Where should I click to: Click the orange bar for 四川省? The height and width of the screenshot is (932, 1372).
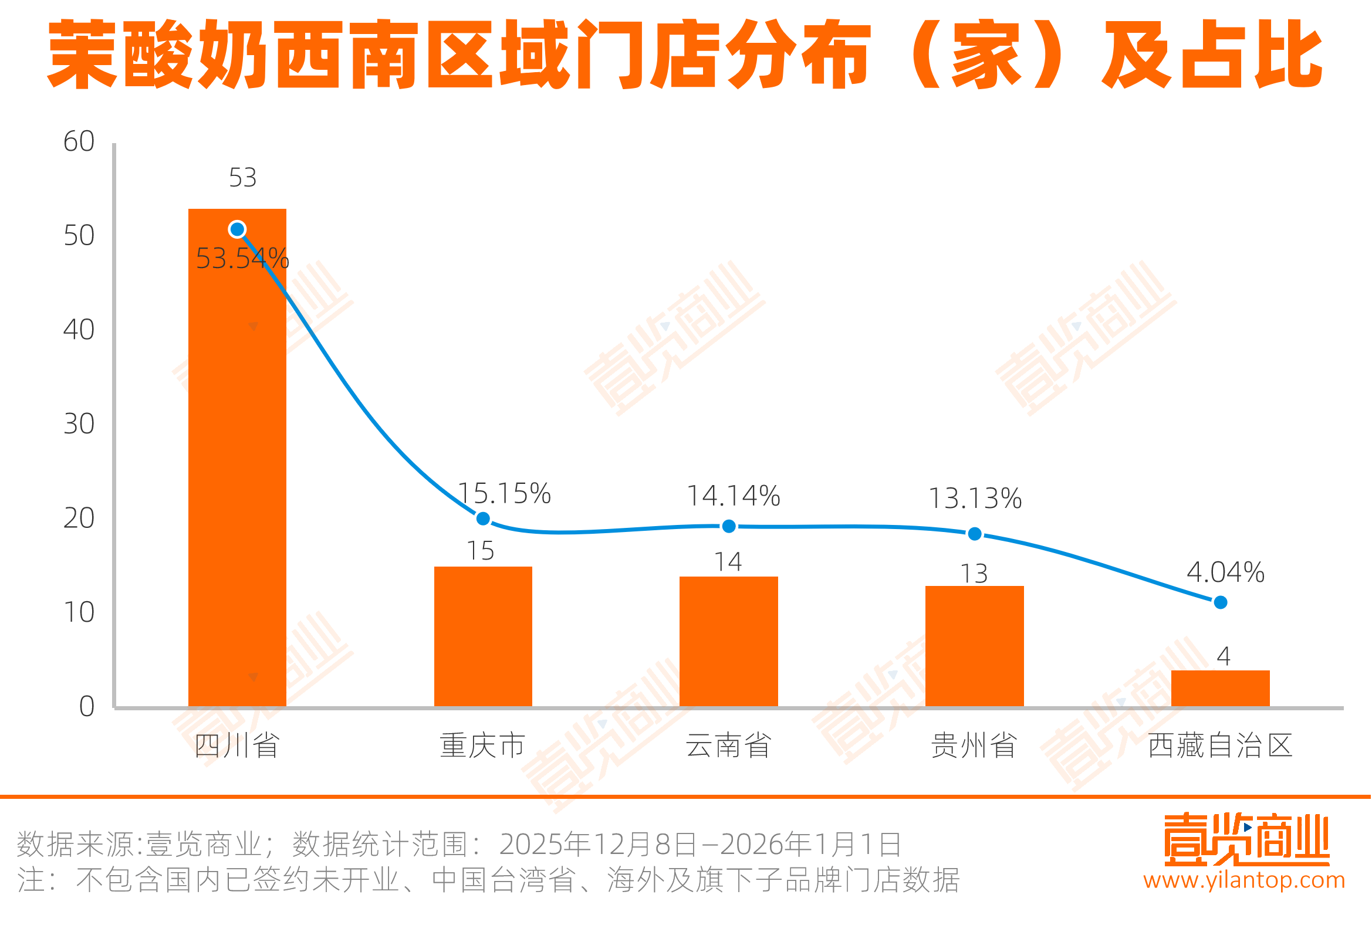[x=236, y=457]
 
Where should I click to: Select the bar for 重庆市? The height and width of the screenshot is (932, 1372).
[x=483, y=636]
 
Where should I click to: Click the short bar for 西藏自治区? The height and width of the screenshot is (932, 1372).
[x=1220, y=687]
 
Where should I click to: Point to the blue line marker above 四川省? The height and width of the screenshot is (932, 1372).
[x=237, y=229]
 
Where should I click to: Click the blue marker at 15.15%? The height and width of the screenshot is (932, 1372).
[x=483, y=518]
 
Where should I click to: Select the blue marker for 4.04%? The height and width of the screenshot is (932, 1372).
[x=1220, y=602]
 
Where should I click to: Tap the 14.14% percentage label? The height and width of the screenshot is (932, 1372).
[x=733, y=496]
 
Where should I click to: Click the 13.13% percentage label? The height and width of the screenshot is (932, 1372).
[x=975, y=498]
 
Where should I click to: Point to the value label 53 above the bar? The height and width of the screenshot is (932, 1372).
[x=242, y=177]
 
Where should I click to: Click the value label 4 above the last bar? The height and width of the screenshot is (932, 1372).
[x=1223, y=656]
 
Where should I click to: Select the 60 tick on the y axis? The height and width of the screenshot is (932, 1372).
[x=79, y=142]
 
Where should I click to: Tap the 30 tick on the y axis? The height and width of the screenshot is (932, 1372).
[x=79, y=424]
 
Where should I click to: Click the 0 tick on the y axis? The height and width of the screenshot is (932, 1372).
[x=86, y=706]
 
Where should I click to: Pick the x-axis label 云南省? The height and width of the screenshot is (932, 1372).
[x=728, y=745]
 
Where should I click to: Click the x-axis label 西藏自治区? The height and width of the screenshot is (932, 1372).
[x=1220, y=745]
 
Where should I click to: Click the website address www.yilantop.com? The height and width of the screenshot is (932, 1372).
[x=1244, y=880]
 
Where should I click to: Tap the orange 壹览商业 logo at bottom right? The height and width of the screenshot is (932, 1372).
[x=1246, y=839]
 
